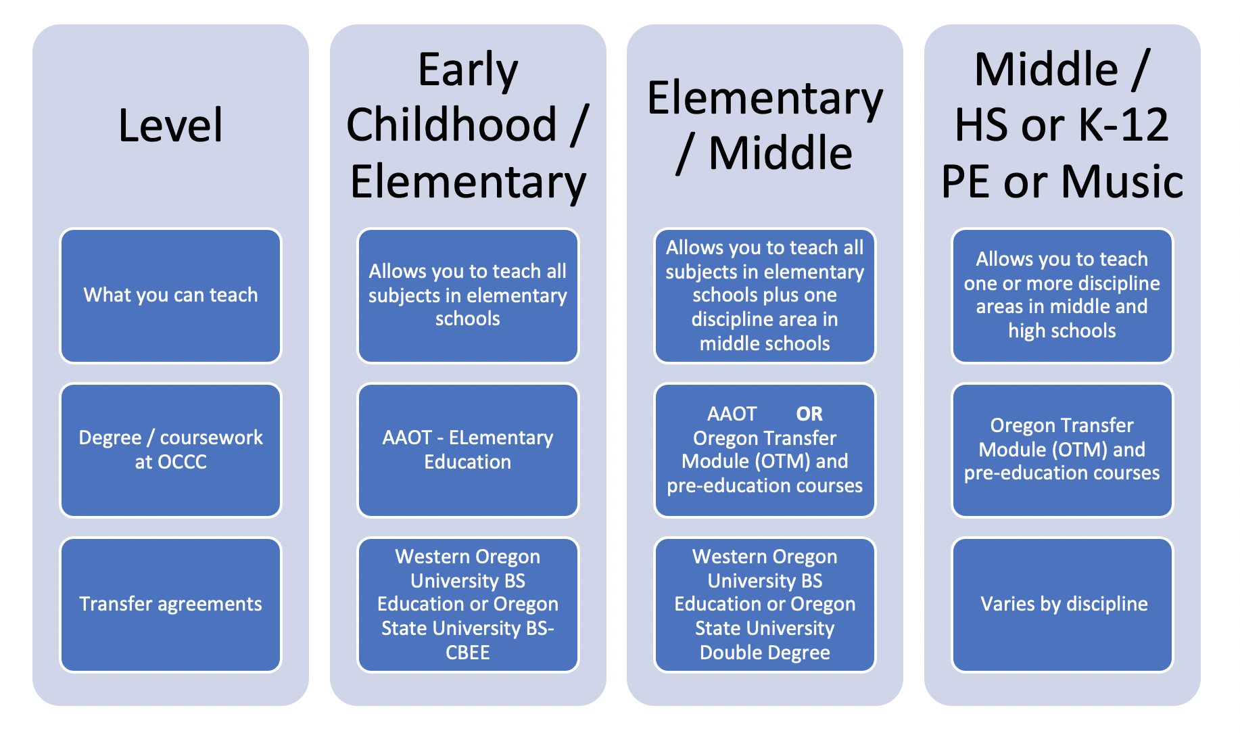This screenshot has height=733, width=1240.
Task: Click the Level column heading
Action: click(170, 125)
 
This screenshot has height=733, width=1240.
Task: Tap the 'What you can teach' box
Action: click(170, 296)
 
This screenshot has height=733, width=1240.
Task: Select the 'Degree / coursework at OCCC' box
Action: click(170, 450)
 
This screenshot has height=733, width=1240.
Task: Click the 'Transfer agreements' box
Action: click(170, 605)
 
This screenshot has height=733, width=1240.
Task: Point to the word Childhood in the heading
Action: click(452, 125)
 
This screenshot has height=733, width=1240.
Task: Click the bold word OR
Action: click(809, 414)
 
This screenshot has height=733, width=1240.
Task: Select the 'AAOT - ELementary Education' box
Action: click(468, 450)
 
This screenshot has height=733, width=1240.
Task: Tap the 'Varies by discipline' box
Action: click(1062, 605)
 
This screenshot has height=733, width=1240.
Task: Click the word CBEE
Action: click(468, 653)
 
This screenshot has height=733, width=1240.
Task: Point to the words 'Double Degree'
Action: click(765, 653)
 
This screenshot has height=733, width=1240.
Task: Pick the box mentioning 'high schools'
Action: click(1062, 296)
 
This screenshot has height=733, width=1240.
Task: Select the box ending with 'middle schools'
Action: click(765, 296)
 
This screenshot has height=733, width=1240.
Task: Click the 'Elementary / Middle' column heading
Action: click(765, 125)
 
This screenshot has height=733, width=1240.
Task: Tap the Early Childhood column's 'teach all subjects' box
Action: click(468, 296)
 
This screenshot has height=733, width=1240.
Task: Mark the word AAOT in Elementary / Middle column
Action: click(732, 414)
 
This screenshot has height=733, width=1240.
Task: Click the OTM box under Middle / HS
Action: click(1062, 450)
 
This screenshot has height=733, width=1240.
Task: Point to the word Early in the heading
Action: click(468, 70)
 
